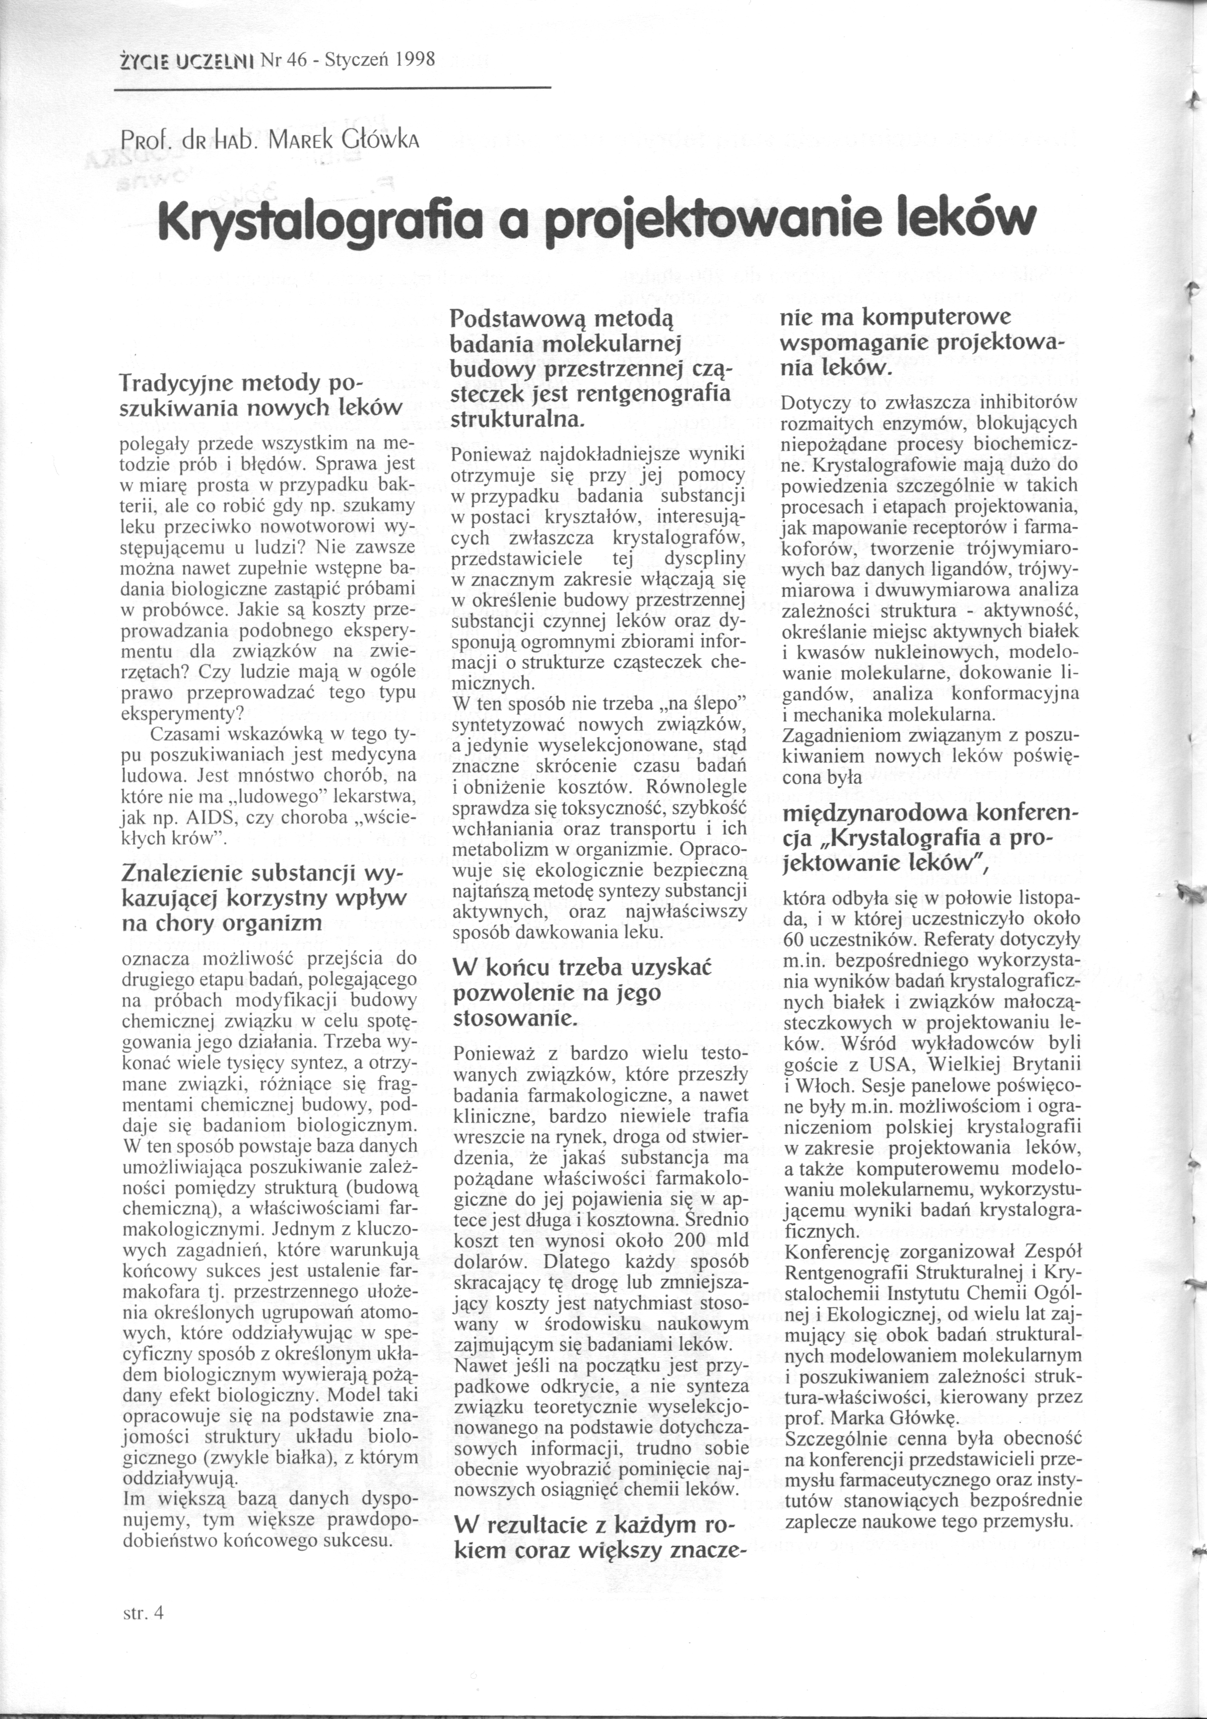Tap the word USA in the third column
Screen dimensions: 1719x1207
(892, 1063)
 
